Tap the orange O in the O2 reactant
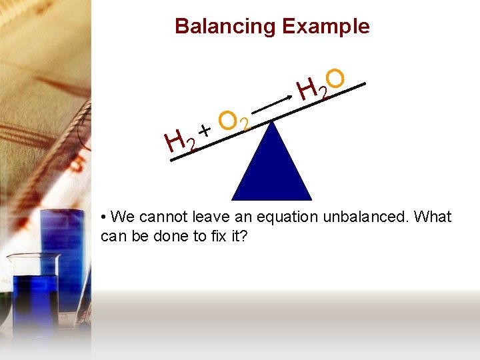tap(229, 120)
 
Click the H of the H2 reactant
tap(175, 142)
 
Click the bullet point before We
tap(103, 217)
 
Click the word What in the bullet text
tap(433, 217)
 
